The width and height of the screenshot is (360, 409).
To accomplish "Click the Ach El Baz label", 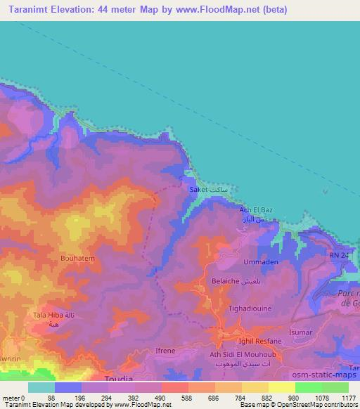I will click(255, 210).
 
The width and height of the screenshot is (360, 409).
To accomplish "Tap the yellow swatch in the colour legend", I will click(282, 387).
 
